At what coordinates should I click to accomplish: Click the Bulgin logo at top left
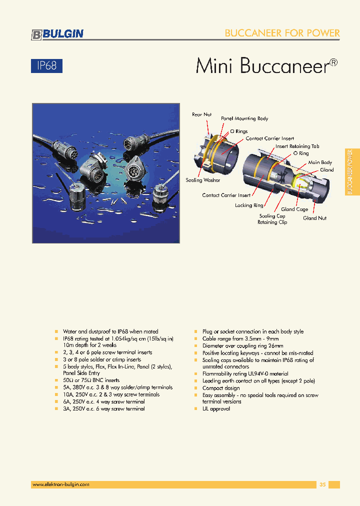point(57,34)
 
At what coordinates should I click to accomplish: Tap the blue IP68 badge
point(47,65)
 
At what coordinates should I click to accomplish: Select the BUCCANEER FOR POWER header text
point(282,33)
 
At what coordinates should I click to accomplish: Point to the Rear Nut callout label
point(201,114)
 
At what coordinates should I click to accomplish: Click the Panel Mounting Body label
point(244,118)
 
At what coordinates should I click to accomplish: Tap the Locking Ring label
point(249,205)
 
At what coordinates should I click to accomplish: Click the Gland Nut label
point(315,218)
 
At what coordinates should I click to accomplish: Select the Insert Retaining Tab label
point(297,146)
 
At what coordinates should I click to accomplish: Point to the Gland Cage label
point(294,209)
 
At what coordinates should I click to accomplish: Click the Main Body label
point(320,162)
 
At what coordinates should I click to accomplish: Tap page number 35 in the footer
point(322,484)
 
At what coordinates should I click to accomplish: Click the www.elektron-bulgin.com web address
point(60,484)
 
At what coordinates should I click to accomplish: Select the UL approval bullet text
point(216,408)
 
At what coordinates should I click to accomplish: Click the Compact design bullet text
point(221,388)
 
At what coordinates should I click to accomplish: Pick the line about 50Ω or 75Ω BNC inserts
point(91,380)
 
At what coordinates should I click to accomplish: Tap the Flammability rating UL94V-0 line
point(245,373)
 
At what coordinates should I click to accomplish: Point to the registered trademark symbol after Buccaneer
point(333,62)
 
